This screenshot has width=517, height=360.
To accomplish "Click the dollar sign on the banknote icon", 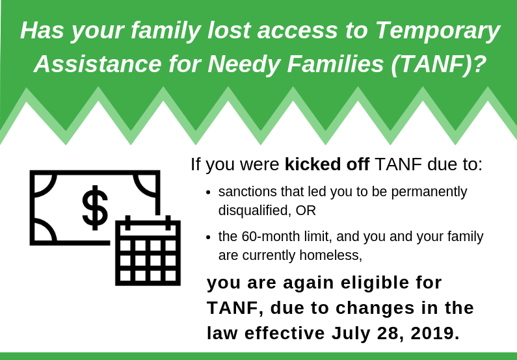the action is coord(95,207).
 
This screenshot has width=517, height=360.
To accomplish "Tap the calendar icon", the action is coord(148,251).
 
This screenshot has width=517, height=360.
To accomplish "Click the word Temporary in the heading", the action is coord(438,31).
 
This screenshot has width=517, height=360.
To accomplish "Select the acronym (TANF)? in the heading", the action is coord(438,64).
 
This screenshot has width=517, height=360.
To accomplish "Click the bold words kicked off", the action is coord(326,164).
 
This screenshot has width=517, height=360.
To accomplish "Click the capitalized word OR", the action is coord(306,211).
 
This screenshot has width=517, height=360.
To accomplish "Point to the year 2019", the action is coord(435,333).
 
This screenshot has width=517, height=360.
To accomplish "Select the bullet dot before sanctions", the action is coord(207,192).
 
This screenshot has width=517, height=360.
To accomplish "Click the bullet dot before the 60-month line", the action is coord(207,237).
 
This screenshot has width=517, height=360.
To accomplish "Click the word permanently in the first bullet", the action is coord(429,192).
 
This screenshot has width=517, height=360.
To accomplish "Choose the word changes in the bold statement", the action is coord(375,309).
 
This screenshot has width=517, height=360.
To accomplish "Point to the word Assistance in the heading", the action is coord(98,64).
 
